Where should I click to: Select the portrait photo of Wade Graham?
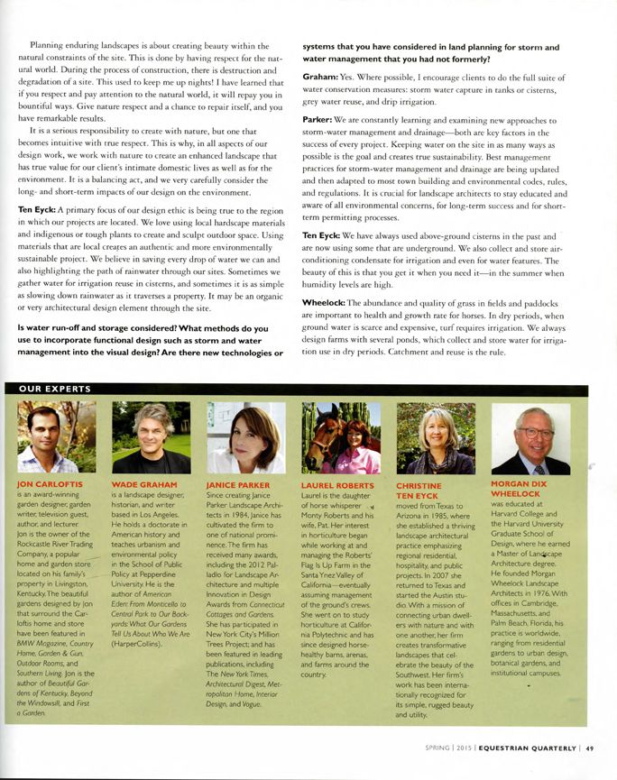pos(151,437)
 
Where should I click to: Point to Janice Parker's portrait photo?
pos(246,437)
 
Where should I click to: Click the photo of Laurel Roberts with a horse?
pos(341,437)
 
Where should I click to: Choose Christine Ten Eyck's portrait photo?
pos(436,438)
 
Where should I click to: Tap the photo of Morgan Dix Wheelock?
pos(530,438)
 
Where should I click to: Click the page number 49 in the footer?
pos(589,747)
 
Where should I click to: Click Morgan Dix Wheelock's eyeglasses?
pos(534,433)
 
